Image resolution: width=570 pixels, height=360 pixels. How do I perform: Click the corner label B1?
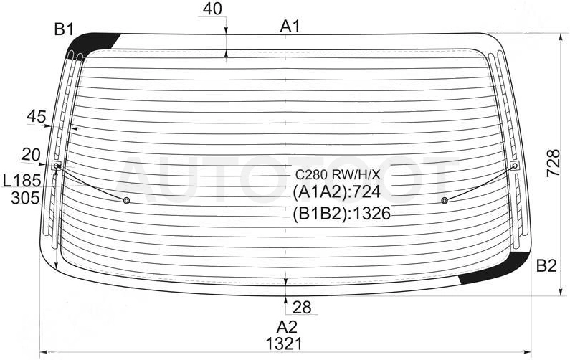point(64,29)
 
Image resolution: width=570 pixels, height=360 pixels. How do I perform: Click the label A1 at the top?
point(290,27)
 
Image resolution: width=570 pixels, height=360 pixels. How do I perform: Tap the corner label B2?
point(546,267)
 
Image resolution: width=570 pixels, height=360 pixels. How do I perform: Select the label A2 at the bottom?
point(287,328)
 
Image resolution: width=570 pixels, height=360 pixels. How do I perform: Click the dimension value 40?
point(212,9)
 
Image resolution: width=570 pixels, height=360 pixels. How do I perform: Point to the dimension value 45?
point(37,117)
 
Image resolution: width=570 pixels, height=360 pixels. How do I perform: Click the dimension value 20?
point(31,155)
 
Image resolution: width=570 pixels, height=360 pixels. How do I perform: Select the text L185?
point(22,181)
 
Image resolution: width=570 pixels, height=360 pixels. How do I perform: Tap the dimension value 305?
point(25,198)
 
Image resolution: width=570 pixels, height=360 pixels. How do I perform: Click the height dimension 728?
point(554,164)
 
